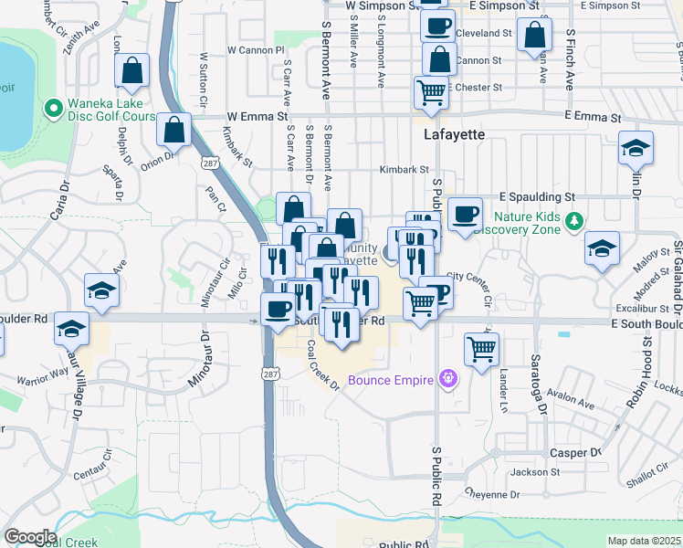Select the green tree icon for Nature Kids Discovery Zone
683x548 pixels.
tap(573, 221)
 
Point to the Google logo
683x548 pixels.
tap(30, 536)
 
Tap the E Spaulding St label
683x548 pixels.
tap(537, 196)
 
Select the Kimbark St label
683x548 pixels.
tap(405, 170)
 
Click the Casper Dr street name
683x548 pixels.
tap(574, 453)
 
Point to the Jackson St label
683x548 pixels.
tap(534, 472)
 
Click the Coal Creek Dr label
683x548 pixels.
tap(323, 365)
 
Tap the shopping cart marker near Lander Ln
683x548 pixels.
tap(481, 347)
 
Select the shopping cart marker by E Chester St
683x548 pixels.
tap(431, 90)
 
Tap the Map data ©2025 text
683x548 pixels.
tap(645, 541)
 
